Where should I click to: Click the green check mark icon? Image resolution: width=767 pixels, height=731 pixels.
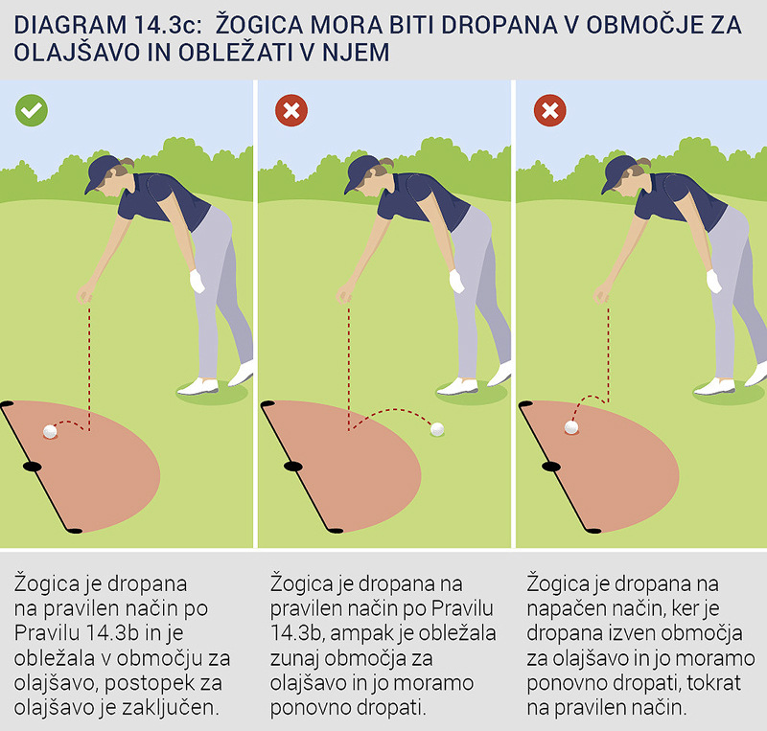(x=32, y=110)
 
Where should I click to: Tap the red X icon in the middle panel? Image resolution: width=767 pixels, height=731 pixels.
(x=291, y=110)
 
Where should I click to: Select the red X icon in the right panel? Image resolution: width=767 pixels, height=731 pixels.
(x=549, y=110)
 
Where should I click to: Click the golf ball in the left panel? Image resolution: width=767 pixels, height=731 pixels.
(x=50, y=431)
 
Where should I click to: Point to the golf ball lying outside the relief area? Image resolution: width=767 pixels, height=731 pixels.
(x=437, y=429)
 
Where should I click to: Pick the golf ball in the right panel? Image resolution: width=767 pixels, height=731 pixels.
(x=571, y=427)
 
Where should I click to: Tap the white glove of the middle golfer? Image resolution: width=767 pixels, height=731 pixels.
(x=456, y=281)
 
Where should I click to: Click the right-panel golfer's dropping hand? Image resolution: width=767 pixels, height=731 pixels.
(x=602, y=295)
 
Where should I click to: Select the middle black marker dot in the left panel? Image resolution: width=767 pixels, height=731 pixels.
(x=33, y=467)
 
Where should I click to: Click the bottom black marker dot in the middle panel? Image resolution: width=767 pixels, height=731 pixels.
(x=336, y=531)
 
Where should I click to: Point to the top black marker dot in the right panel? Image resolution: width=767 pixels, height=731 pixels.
(x=525, y=404)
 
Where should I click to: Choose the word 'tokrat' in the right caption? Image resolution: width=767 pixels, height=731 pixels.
(x=713, y=682)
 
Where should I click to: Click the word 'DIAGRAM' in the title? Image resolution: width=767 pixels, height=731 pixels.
(x=70, y=26)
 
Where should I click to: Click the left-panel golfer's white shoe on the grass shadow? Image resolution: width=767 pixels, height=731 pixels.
(x=198, y=386)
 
